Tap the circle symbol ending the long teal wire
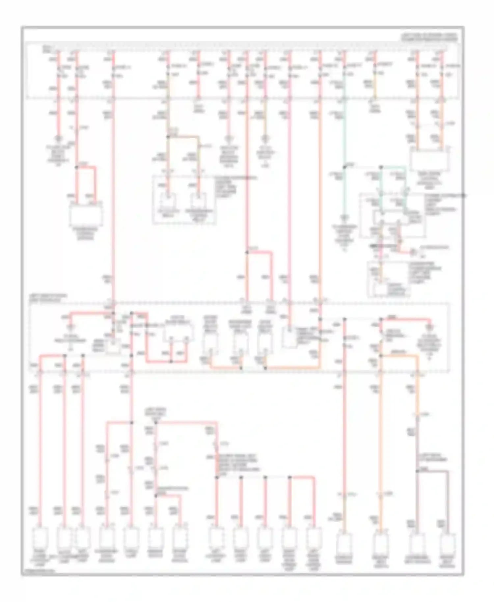click(344, 218)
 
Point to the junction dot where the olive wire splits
click(168, 136)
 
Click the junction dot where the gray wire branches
click(417, 472)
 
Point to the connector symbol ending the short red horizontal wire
click(414, 252)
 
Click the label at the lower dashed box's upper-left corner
click(48, 297)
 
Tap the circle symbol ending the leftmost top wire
click(59, 138)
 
